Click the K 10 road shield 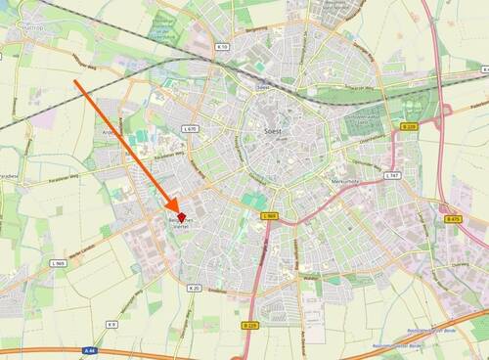click(x=221, y=46)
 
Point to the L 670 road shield click(x=190, y=128)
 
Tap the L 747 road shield click(x=391, y=175)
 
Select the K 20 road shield click(x=194, y=289)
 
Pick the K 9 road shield click(x=112, y=324)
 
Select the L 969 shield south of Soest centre click(x=270, y=215)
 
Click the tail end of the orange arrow click(x=75, y=81)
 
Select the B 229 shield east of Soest click(x=409, y=126)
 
